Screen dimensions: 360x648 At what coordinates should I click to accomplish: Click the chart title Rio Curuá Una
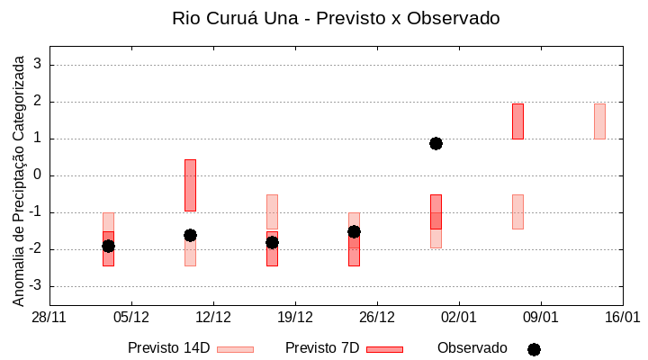click(x=335, y=18)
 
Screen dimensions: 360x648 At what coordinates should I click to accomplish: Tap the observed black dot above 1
click(x=436, y=143)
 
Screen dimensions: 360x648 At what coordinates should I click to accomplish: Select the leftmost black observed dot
click(x=108, y=246)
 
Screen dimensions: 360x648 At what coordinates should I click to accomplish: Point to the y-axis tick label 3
click(x=38, y=65)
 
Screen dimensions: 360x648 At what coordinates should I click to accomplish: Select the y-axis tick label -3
click(x=35, y=286)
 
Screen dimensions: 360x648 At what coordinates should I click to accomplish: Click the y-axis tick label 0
click(x=38, y=175)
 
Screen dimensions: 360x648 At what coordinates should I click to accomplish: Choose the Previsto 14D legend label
click(x=168, y=348)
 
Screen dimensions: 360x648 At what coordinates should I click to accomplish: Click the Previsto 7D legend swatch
click(x=384, y=349)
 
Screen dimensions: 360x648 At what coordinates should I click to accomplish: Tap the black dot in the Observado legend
click(x=534, y=349)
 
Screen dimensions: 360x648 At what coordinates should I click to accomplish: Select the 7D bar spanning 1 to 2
click(x=517, y=121)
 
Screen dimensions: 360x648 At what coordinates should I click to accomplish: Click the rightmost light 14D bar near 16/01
click(x=599, y=121)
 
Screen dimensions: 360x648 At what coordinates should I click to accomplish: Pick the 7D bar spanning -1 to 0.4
click(x=190, y=185)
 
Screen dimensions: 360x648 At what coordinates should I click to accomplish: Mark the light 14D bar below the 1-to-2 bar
click(x=517, y=211)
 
